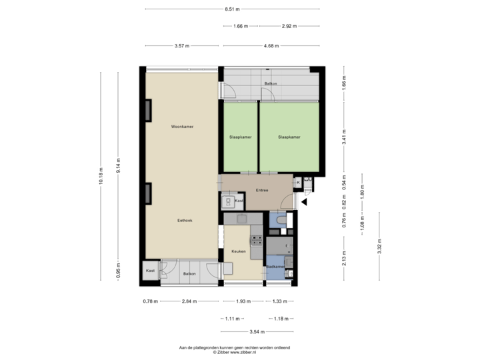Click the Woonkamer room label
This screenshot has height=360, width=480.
coord(182,126)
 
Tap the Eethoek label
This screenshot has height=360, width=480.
coord(185,220)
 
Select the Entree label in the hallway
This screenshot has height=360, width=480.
coord(262,190)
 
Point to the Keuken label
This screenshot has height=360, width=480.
coord(239,251)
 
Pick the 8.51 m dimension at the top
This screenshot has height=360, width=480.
coord(232,9)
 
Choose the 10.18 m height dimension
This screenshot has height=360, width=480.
coord(101,175)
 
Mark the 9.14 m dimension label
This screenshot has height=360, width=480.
coord(118,167)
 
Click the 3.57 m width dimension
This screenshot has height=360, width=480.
coord(181,46)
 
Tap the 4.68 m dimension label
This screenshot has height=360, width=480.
coord(271,46)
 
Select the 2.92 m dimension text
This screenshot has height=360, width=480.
coord(289,26)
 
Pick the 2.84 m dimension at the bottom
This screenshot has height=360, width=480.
coord(190,301)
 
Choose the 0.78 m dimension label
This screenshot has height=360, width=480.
coord(151,301)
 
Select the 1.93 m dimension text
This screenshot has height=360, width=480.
coord(243,301)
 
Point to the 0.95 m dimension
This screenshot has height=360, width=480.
coord(118,271)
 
